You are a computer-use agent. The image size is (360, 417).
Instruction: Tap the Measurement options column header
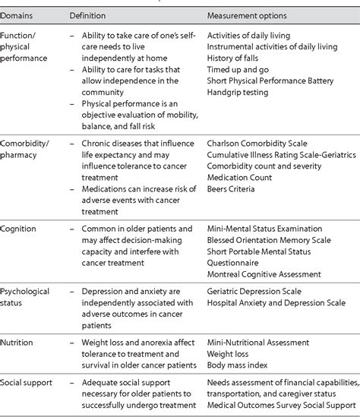pyautogui.click(x=250, y=15)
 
